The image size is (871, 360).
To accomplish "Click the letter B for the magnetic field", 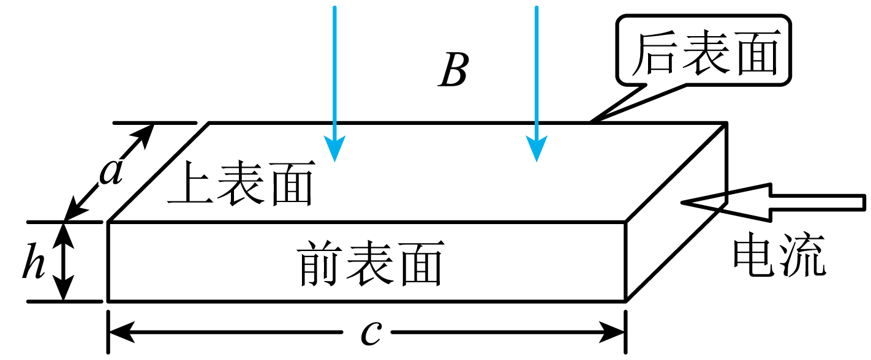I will pos(454,71).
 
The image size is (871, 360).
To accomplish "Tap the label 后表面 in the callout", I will pos(704,54).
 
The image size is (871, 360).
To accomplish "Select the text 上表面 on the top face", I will pos(241,183).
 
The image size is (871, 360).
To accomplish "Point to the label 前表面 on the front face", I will pos(371,264).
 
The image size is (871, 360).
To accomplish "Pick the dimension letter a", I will pos(111,173).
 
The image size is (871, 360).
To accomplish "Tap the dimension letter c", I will pos(371,333).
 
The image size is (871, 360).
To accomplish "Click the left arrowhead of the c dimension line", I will pos(120,333).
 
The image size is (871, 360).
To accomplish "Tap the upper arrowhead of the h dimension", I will pos(63,233).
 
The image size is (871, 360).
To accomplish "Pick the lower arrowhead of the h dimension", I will pos(63,290).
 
